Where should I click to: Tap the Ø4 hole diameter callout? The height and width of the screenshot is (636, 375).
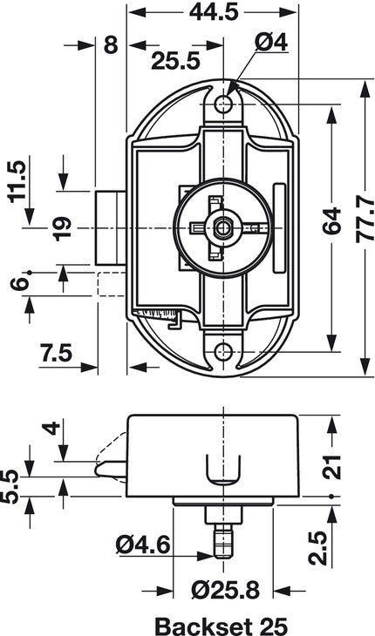point(266,41)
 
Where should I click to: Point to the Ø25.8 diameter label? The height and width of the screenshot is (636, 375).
point(224,592)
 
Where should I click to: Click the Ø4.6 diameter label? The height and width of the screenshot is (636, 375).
point(142,546)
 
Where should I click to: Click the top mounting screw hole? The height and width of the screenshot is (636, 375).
point(225,105)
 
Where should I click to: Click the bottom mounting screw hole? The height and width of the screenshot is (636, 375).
point(225,351)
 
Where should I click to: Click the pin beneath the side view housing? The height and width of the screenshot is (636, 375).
point(224,536)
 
